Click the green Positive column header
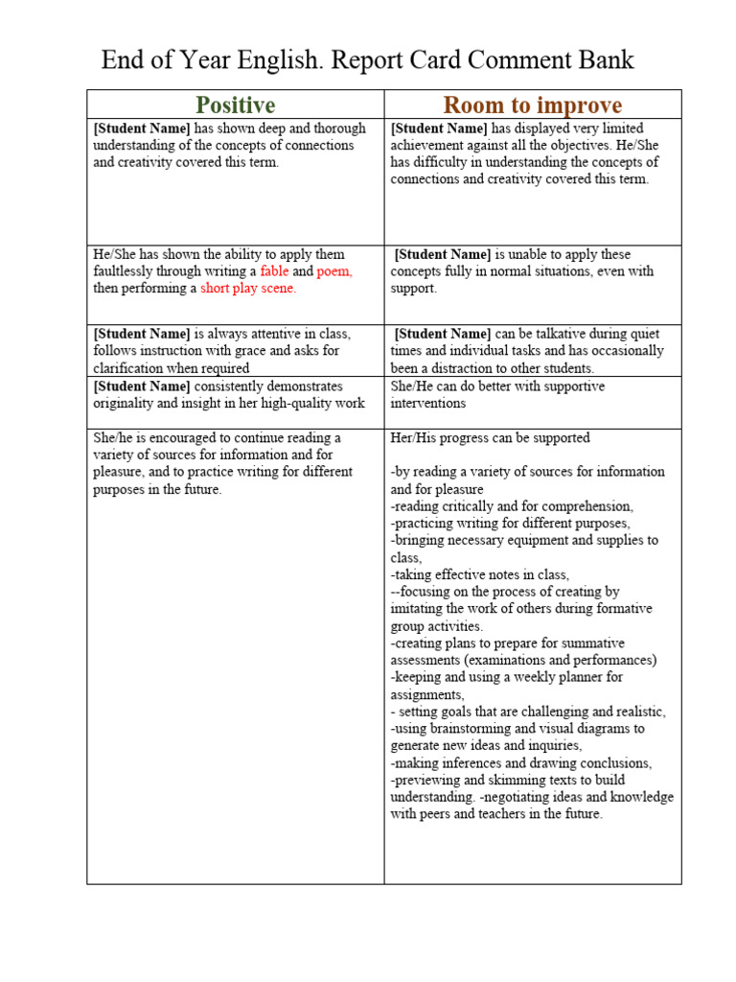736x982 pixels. point(235,105)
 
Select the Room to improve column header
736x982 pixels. point(532,105)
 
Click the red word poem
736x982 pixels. point(334,271)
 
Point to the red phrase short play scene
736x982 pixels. point(248,289)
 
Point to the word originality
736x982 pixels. point(128,404)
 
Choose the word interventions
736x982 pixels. point(427,404)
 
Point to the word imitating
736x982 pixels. point(421,609)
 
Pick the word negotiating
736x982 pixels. point(526,798)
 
